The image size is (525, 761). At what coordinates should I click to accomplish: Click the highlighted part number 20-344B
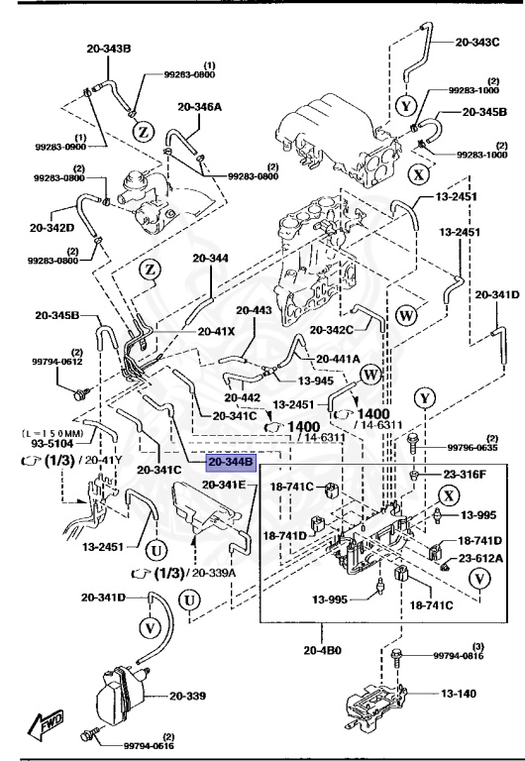pyautogui.click(x=231, y=462)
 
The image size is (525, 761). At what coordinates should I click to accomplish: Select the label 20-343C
pyautogui.click(x=477, y=43)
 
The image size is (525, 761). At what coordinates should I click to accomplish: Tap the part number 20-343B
pyautogui.click(x=82, y=49)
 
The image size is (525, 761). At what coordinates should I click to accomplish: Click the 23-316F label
pyautogui.click(x=467, y=475)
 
